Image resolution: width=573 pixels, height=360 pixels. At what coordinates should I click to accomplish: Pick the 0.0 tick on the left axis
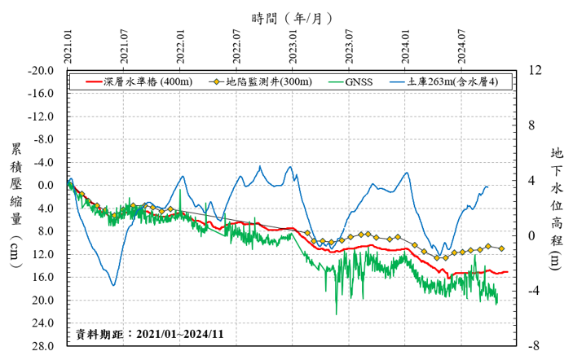tap(46, 186)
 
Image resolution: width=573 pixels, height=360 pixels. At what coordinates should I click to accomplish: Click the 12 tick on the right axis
tap(535, 71)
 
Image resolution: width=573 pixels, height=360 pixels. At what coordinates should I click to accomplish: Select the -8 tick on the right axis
tap(535, 346)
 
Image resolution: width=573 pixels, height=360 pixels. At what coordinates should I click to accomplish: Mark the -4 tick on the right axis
tap(535, 291)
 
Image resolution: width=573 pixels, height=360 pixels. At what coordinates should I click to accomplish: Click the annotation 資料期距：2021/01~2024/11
tap(149, 334)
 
